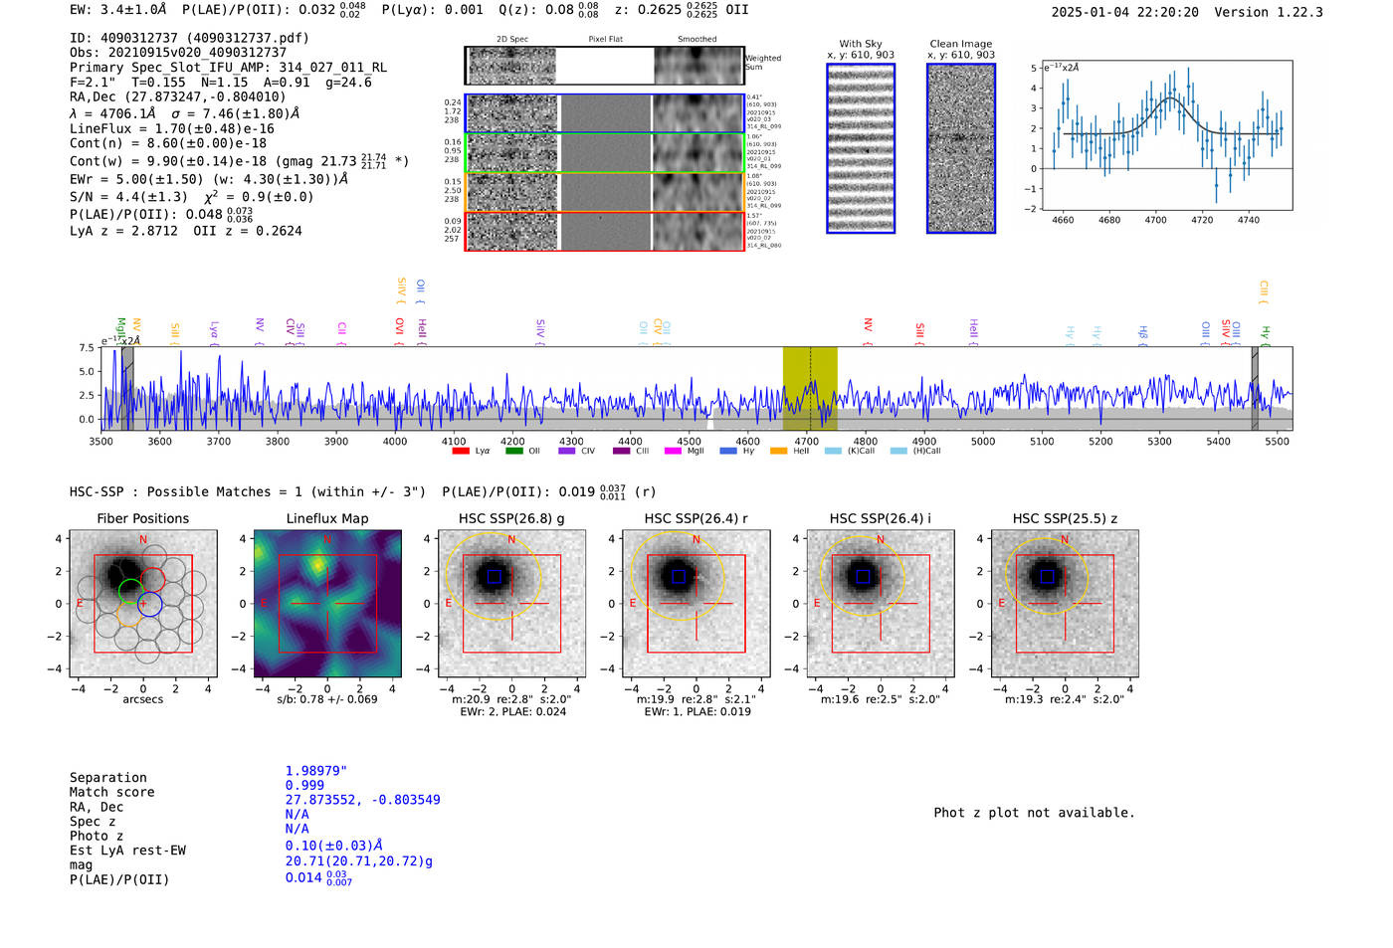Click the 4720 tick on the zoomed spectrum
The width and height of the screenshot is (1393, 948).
tap(1202, 220)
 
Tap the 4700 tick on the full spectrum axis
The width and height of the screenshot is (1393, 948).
tap(806, 441)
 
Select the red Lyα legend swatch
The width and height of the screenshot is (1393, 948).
tap(461, 451)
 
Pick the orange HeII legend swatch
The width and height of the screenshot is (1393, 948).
tap(778, 451)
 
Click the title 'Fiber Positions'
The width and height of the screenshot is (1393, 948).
tap(142, 518)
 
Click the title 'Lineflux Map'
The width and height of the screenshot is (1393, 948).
tap(327, 518)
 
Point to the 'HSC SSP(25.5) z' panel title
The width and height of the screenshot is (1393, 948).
tap(1065, 518)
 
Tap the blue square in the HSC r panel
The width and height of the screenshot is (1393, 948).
tap(679, 577)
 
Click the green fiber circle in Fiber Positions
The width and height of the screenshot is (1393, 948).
tap(130, 591)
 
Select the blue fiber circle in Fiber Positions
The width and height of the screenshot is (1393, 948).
tap(149, 604)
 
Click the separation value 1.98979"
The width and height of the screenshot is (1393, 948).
tap(315, 771)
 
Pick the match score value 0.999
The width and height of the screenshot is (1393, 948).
tap(304, 785)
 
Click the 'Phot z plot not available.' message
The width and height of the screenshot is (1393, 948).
tap(1034, 813)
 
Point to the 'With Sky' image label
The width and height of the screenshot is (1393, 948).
tap(861, 44)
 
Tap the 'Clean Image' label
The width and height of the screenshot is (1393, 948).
tap(960, 44)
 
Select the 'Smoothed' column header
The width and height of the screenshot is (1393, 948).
tap(696, 40)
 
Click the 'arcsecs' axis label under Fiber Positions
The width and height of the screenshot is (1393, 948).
tap(142, 699)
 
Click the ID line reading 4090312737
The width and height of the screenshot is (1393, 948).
tap(189, 38)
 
